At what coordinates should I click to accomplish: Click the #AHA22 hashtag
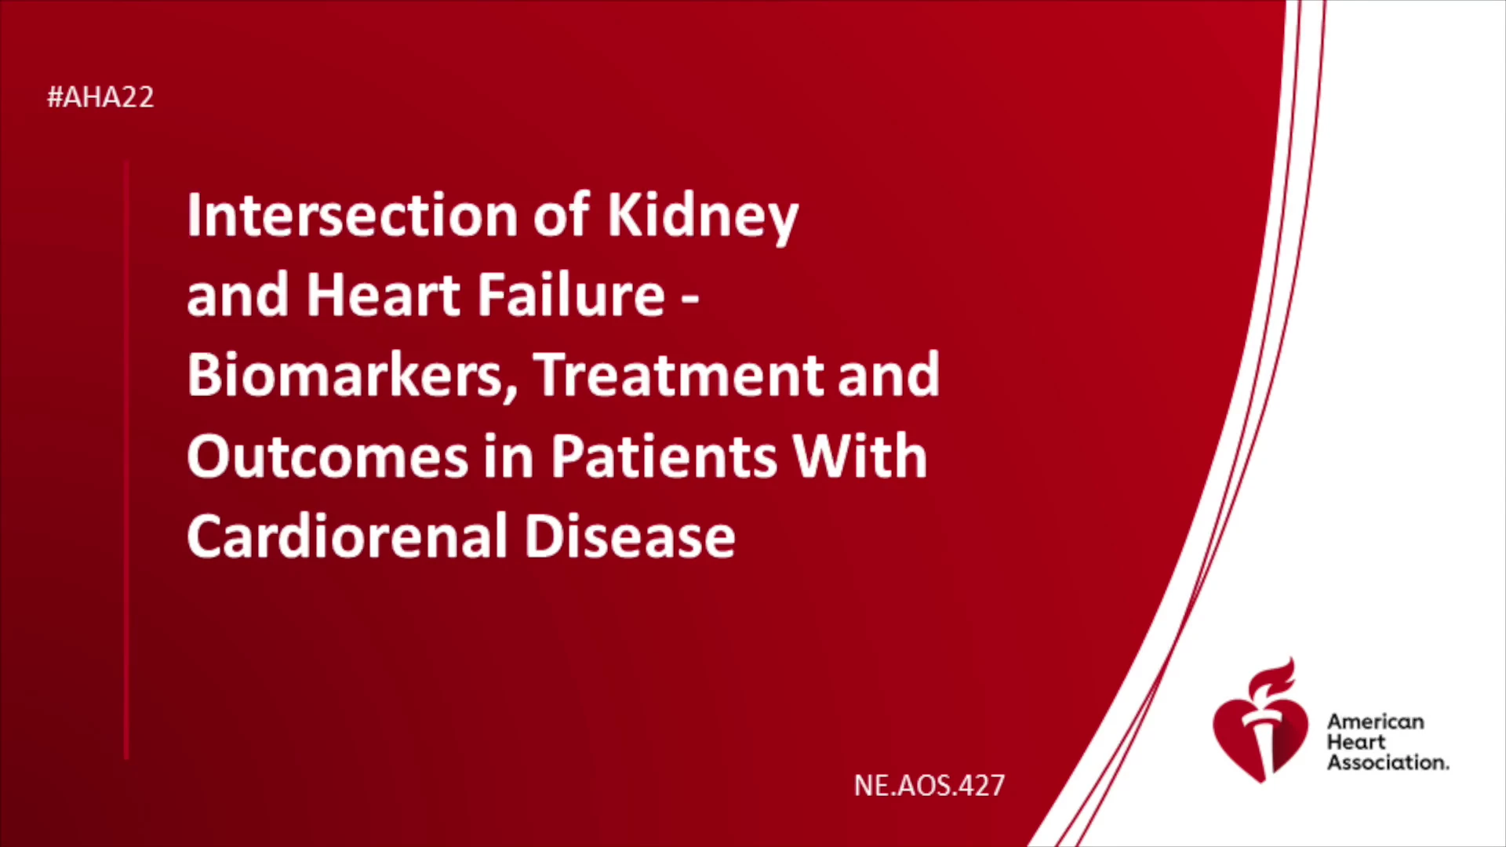click(x=100, y=97)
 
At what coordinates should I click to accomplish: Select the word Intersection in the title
click(x=352, y=215)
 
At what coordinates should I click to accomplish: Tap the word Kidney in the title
click(x=703, y=218)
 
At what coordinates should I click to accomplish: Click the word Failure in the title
click(x=572, y=295)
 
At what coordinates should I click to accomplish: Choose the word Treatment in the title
click(x=678, y=376)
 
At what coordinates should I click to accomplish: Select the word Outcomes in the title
click(x=328, y=456)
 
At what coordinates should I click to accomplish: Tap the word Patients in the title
click(x=664, y=456)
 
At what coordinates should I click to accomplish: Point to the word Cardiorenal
click(x=347, y=536)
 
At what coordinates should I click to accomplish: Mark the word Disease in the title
click(x=630, y=536)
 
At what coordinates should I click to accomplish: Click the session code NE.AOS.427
click(x=929, y=785)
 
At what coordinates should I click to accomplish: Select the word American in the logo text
click(x=1376, y=722)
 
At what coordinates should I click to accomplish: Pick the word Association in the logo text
click(x=1388, y=762)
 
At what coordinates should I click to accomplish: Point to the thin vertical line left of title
click(x=126, y=460)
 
